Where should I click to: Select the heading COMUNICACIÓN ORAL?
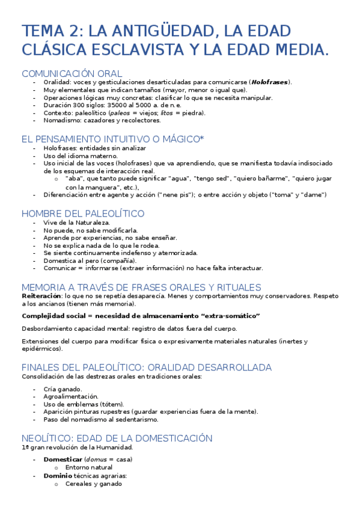point(72,73)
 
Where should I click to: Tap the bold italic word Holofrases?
point(269,82)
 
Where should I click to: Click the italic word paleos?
point(122,112)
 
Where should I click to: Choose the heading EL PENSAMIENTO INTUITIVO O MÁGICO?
point(112,139)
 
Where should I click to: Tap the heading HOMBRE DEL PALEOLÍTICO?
point(83,214)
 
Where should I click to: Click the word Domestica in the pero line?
point(59,261)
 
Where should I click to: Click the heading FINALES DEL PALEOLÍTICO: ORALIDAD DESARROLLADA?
point(147,367)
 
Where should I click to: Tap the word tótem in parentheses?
point(112,404)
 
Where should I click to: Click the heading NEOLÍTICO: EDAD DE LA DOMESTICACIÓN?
point(117,438)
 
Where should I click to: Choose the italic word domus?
point(96,459)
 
